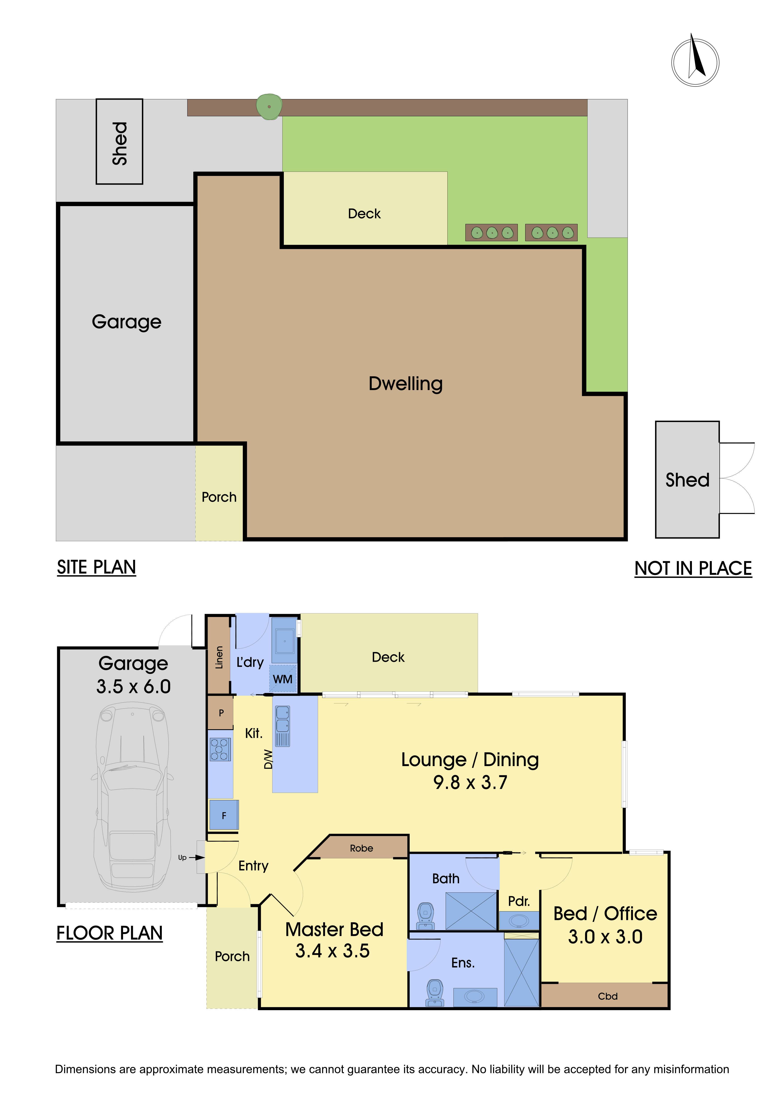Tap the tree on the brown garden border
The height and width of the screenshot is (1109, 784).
[269, 106]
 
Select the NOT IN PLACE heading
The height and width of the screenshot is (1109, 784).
[693, 568]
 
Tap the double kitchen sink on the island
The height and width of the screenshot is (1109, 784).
[282, 726]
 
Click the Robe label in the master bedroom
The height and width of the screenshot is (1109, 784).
[362, 848]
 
